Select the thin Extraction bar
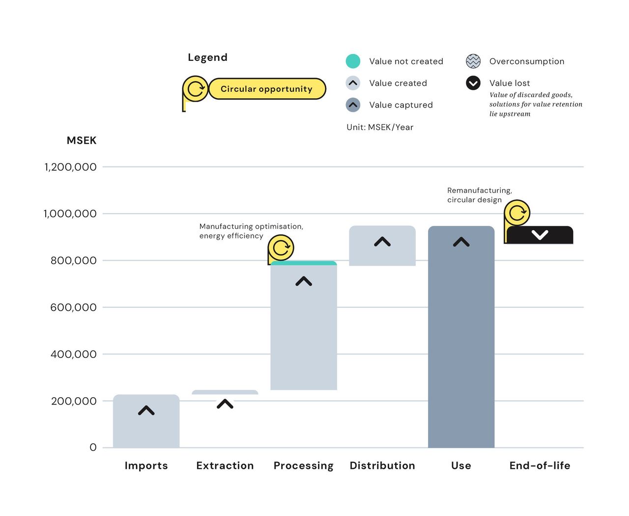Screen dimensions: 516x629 [x=225, y=392]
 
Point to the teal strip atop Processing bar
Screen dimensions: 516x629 [x=304, y=263]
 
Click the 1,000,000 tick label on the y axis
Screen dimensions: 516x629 [x=70, y=214]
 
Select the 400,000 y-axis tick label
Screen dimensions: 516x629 [x=73, y=354]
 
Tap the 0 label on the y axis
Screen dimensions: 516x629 [x=93, y=447]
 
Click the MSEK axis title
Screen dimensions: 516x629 [x=82, y=140]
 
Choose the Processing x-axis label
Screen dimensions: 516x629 [x=303, y=465]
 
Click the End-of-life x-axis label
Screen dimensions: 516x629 [x=540, y=465]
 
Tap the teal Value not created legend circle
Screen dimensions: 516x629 [x=353, y=61]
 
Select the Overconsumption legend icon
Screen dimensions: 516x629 [x=473, y=61]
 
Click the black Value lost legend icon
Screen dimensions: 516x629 [x=473, y=83]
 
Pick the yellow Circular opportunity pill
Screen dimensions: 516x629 [x=267, y=89]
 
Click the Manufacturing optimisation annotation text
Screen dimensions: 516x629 [x=251, y=231]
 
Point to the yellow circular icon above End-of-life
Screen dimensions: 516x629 [x=517, y=213]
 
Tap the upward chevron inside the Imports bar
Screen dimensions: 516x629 [x=146, y=410]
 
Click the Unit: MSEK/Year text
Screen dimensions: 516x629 [x=380, y=127]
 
